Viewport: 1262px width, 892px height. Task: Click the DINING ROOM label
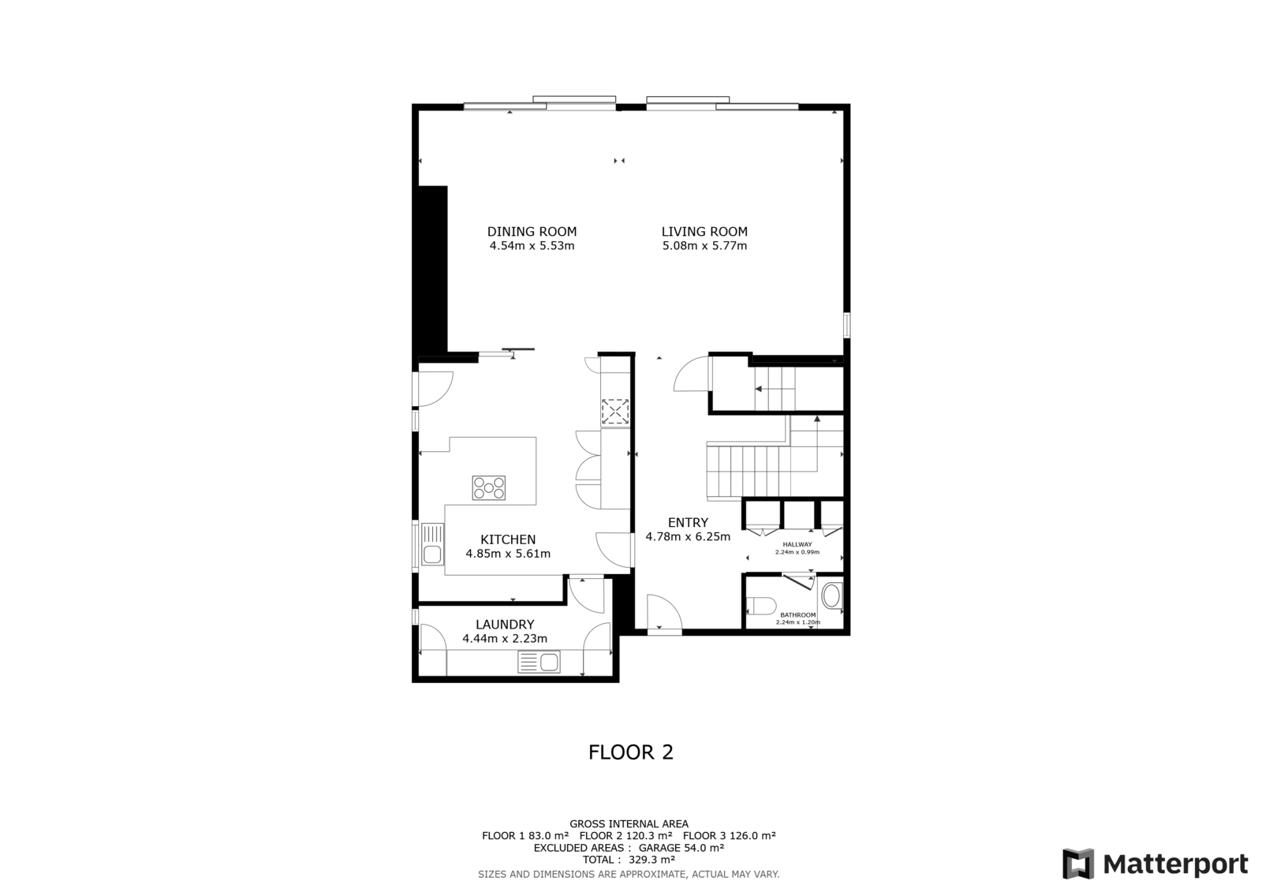pyautogui.click(x=532, y=232)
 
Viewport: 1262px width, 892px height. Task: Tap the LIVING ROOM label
pyautogui.click(x=704, y=232)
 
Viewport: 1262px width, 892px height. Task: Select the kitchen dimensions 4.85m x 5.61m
pyautogui.click(x=508, y=554)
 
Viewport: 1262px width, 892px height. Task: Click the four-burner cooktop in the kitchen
pyautogui.click(x=489, y=488)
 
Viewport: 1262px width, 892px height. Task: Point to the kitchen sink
pyautogui.click(x=432, y=544)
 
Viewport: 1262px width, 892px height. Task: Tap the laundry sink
pyautogui.click(x=540, y=662)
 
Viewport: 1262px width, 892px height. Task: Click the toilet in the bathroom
pyautogui.click(x=761, y=606)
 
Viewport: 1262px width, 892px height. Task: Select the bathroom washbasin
pyautogui.click(x=831, y=595)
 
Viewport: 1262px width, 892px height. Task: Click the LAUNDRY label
pyautogui.click(x=505, y=625)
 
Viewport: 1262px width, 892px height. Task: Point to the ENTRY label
pyautogui.click(x=688, y=522)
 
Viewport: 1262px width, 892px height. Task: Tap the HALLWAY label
pyautogui.click(x=797, y=544)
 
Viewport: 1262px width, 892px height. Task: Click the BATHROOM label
pyautogui.click(x=797, y=614)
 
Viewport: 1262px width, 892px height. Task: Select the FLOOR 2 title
pyautogui.click(x=631, y=752)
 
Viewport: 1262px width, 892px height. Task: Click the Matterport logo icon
pyautogui.click(x=1077, y=864)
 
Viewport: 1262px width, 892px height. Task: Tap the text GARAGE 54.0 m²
pyautogui.click(x=681, y=848)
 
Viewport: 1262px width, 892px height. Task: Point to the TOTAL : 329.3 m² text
pyautogui.click(x=629, y=860)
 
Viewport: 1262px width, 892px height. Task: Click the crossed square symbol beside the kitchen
pyautogui.click(x=614, y=412)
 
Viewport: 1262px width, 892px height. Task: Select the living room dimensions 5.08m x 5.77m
pyautogui.click(x=705, y=246)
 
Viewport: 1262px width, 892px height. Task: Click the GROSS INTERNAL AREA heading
pyautogui.click(x=629, y=824)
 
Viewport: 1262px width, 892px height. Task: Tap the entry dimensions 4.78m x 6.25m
pyautogui.click(x=688, y=537)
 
